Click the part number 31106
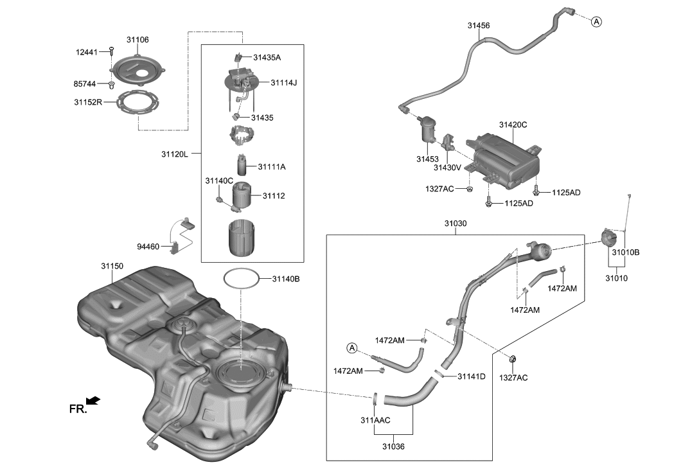coord(137,40)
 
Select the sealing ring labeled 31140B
coord(242,279)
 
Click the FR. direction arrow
coord(93,401)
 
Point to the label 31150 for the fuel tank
coord(112,265)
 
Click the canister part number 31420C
coord(513,125)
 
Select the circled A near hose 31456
coord(596,22)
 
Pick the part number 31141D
coord(472,376)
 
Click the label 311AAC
coord(375,420)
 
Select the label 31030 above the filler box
coord(455,224)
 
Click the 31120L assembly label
coord(175,154)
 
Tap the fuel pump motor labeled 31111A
coord(242,166)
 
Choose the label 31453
coord(427,159)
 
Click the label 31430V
coord(447,168)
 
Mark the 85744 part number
coord(86,84)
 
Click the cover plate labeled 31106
coord(137,69)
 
